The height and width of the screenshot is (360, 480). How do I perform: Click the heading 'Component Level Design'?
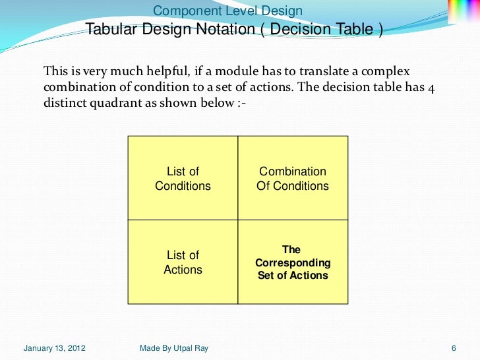point(227,11)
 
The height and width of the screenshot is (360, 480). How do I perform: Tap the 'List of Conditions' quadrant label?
point(183,179)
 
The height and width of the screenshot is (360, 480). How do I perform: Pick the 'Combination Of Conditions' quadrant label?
point(292,179)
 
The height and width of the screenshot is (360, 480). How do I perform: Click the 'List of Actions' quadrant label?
point(183,262)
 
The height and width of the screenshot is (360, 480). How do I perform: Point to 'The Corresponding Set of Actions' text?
point(292,262)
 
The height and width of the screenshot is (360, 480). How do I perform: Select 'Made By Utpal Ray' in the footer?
point(174,348)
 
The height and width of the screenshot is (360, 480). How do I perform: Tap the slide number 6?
point(454,348)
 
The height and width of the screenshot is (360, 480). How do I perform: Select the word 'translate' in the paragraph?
point(328,71)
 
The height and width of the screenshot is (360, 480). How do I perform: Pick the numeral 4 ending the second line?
point(430,89)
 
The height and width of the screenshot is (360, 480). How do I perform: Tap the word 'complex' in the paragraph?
point(398,71)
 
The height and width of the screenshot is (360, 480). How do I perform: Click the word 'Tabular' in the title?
point(109,30)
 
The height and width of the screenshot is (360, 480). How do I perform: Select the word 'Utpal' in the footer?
point(183,348)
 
